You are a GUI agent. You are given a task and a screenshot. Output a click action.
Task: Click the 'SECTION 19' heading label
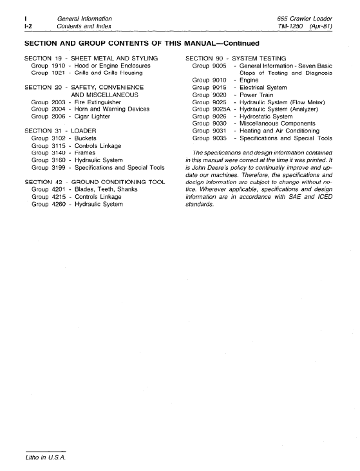(42, 59)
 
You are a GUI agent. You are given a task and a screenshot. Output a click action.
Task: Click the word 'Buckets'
(86, 138)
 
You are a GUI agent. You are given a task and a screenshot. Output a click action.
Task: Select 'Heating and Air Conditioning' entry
(279, 131)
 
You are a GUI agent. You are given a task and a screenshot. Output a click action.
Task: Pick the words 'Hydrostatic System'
(266, 116)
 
